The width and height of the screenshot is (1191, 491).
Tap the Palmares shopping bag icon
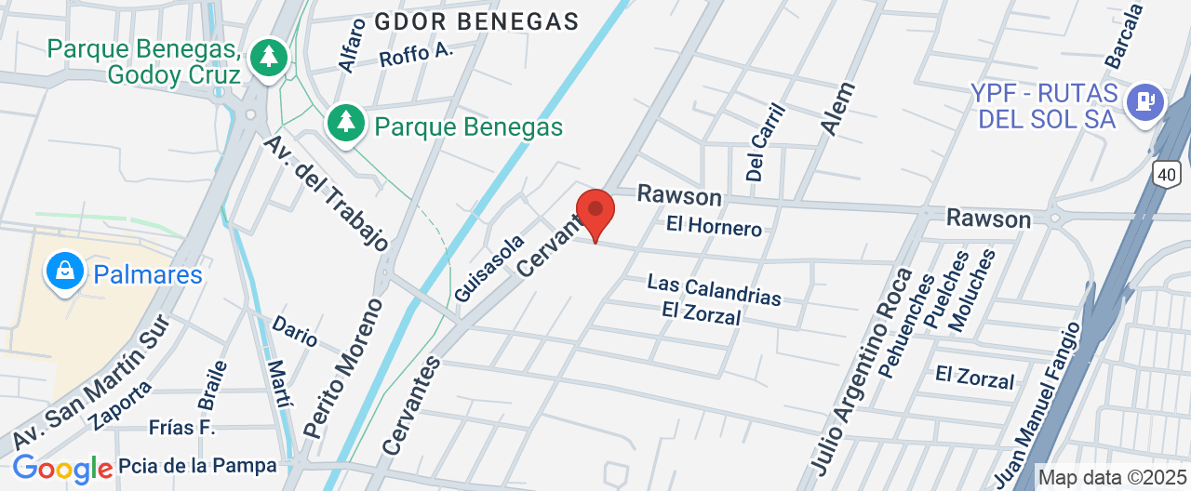65,272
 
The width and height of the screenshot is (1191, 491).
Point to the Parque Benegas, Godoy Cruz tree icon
269,58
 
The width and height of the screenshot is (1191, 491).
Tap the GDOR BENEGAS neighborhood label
476,20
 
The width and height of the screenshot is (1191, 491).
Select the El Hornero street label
714,226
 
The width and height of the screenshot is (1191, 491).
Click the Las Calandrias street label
714,289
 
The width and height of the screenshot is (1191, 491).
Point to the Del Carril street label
766,141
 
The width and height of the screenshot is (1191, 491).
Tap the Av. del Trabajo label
326,193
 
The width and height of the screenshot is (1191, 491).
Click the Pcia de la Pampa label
197,466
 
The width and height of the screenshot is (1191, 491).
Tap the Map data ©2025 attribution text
1112,478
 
